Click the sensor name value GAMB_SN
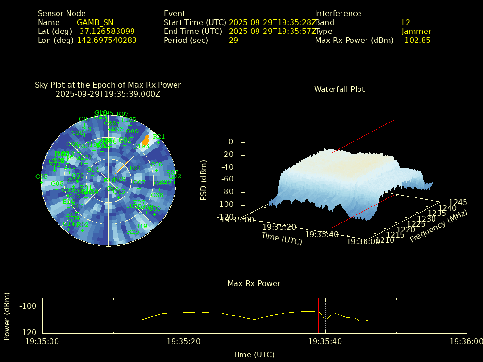click(95, 23)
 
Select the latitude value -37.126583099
click(106, 32)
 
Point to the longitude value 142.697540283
click(107, 41)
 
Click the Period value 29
click(233, 41)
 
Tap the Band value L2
click(406, 23)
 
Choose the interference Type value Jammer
click(416, 32)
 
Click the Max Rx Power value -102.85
click(416, 41)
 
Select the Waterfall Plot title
click(339, 90)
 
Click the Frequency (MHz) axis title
click(438, 226)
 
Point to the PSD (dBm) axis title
click(204, 180)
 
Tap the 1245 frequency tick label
click(458, 203)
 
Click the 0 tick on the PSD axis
click(230, 142)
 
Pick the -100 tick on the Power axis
click(28, 307)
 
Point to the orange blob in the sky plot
click(146, 140)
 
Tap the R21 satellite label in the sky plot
click(159, 137)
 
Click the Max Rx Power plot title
click(254, 284)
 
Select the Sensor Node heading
click(62, 14)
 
